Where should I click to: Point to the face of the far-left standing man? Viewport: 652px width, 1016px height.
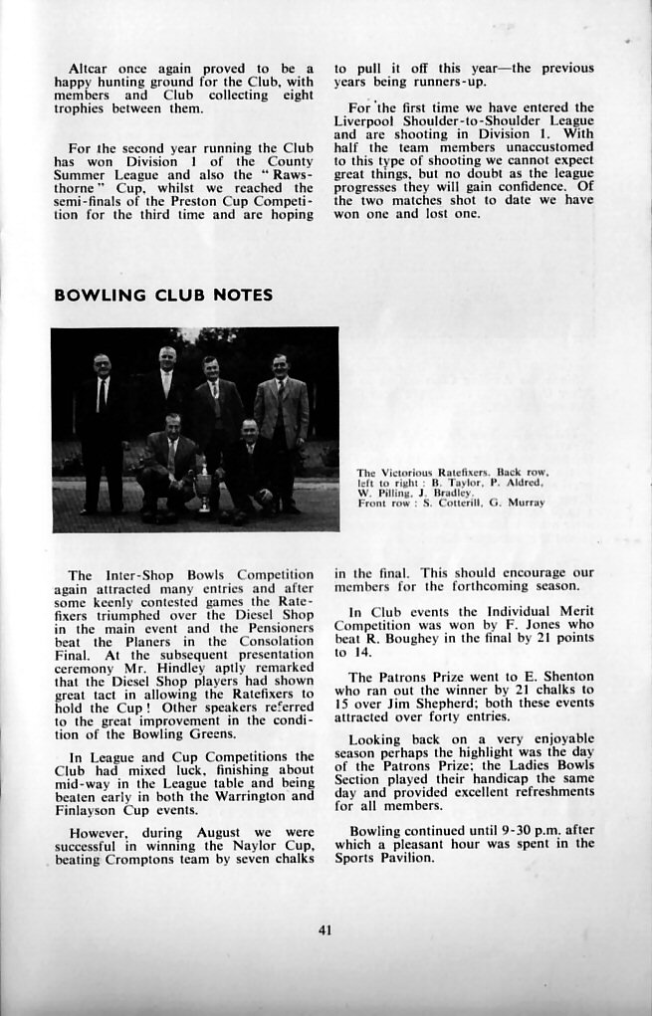[102, 365]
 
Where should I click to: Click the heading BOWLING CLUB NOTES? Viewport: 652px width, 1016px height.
[163, 296]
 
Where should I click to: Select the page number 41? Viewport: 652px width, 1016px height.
[325, 930]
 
